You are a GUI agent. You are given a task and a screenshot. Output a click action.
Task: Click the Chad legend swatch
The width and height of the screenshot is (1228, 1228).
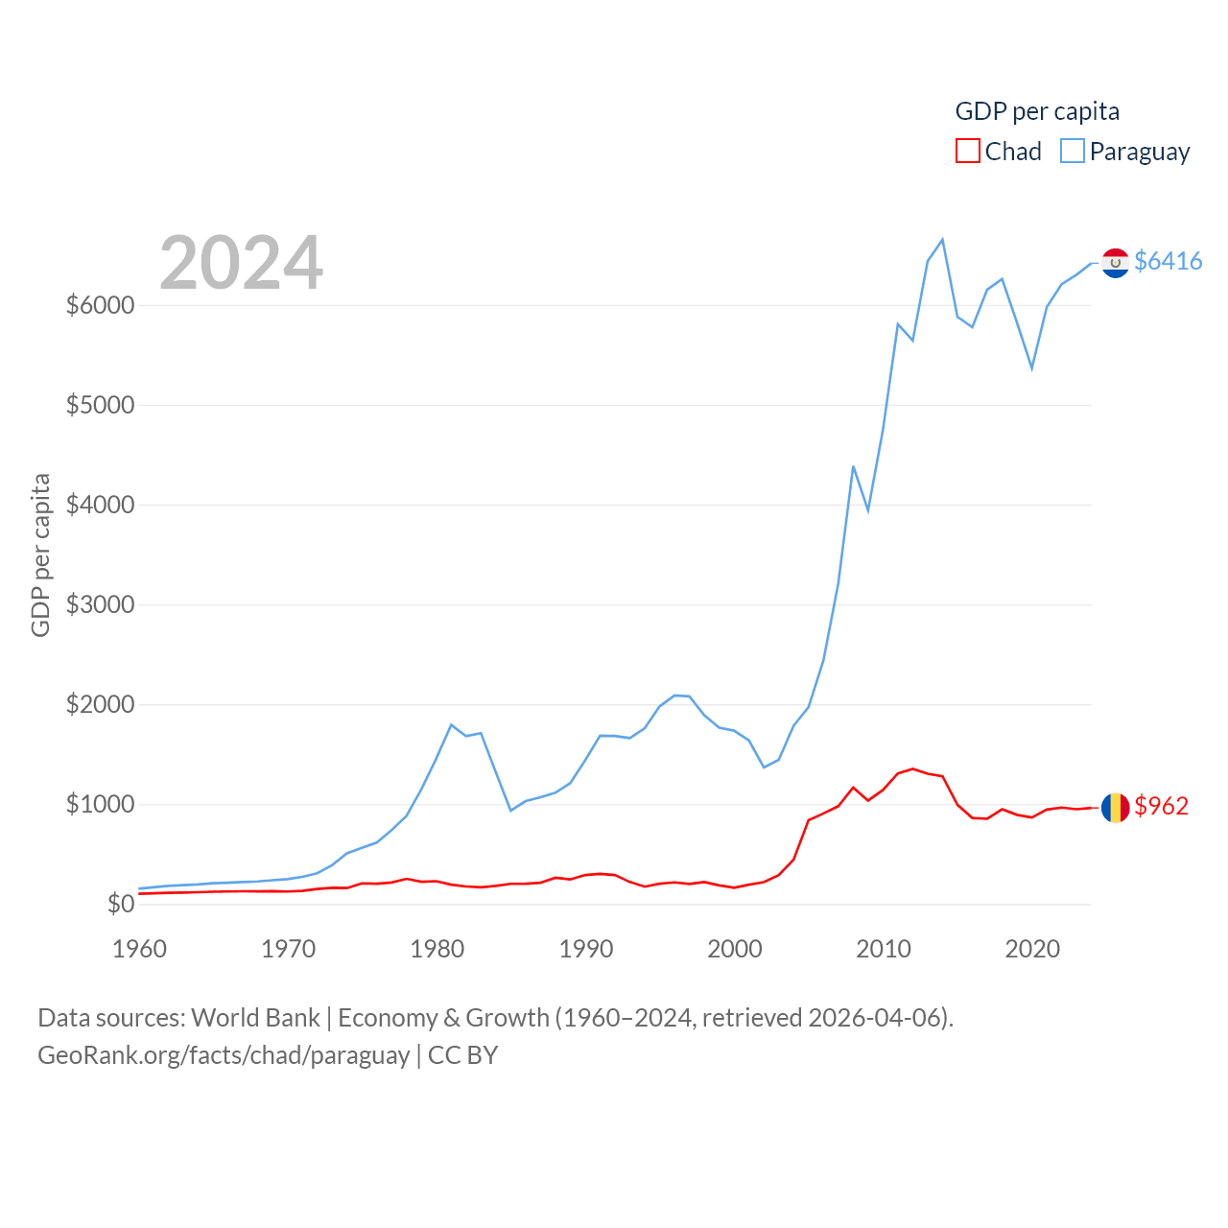[967, 152]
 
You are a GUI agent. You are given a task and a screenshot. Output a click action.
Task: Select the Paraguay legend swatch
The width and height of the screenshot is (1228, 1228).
[1073, 152]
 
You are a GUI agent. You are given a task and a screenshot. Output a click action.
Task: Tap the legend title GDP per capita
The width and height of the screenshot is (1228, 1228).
[1037, 111]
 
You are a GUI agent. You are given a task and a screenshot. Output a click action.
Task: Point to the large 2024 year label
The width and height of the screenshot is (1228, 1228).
[241, 263]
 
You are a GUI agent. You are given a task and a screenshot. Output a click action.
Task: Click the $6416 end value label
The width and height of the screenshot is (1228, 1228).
[1168, 261]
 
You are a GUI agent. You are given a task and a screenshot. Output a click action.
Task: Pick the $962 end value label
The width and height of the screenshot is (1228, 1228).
[1161, 806]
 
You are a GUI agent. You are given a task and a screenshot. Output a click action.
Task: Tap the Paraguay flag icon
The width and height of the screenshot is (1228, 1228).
[1115, 263]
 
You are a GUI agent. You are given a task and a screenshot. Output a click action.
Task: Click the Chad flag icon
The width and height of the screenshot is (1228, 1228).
[1115, 808]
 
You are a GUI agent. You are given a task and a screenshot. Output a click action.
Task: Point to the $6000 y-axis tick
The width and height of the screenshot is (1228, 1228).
[100, 305]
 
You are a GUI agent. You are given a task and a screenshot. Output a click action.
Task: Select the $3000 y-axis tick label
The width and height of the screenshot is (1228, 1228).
[100, 604]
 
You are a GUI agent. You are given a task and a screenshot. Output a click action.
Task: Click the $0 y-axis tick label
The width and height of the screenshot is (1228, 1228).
[121, 904]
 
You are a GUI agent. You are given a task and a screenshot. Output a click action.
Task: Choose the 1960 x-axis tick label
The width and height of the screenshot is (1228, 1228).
[140, 949]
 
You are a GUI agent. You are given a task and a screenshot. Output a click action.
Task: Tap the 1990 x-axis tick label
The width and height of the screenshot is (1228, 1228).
[586, 949]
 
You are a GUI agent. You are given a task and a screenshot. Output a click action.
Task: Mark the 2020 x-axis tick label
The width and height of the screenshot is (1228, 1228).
[1032, 949]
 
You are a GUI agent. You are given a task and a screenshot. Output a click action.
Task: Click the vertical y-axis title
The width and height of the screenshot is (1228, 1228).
[40, 555]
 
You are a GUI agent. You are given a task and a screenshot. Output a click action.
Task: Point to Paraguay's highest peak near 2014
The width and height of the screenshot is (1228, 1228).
[942, 240]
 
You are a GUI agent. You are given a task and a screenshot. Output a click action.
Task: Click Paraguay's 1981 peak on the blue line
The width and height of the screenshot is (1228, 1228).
[451, 725]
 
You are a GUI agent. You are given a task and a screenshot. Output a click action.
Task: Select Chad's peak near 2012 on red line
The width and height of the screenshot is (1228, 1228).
[912, 768]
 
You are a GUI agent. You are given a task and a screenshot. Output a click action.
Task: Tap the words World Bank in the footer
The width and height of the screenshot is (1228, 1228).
[255, 1017]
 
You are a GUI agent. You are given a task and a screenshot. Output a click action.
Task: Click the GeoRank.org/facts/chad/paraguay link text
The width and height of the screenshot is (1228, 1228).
[224, 1055]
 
